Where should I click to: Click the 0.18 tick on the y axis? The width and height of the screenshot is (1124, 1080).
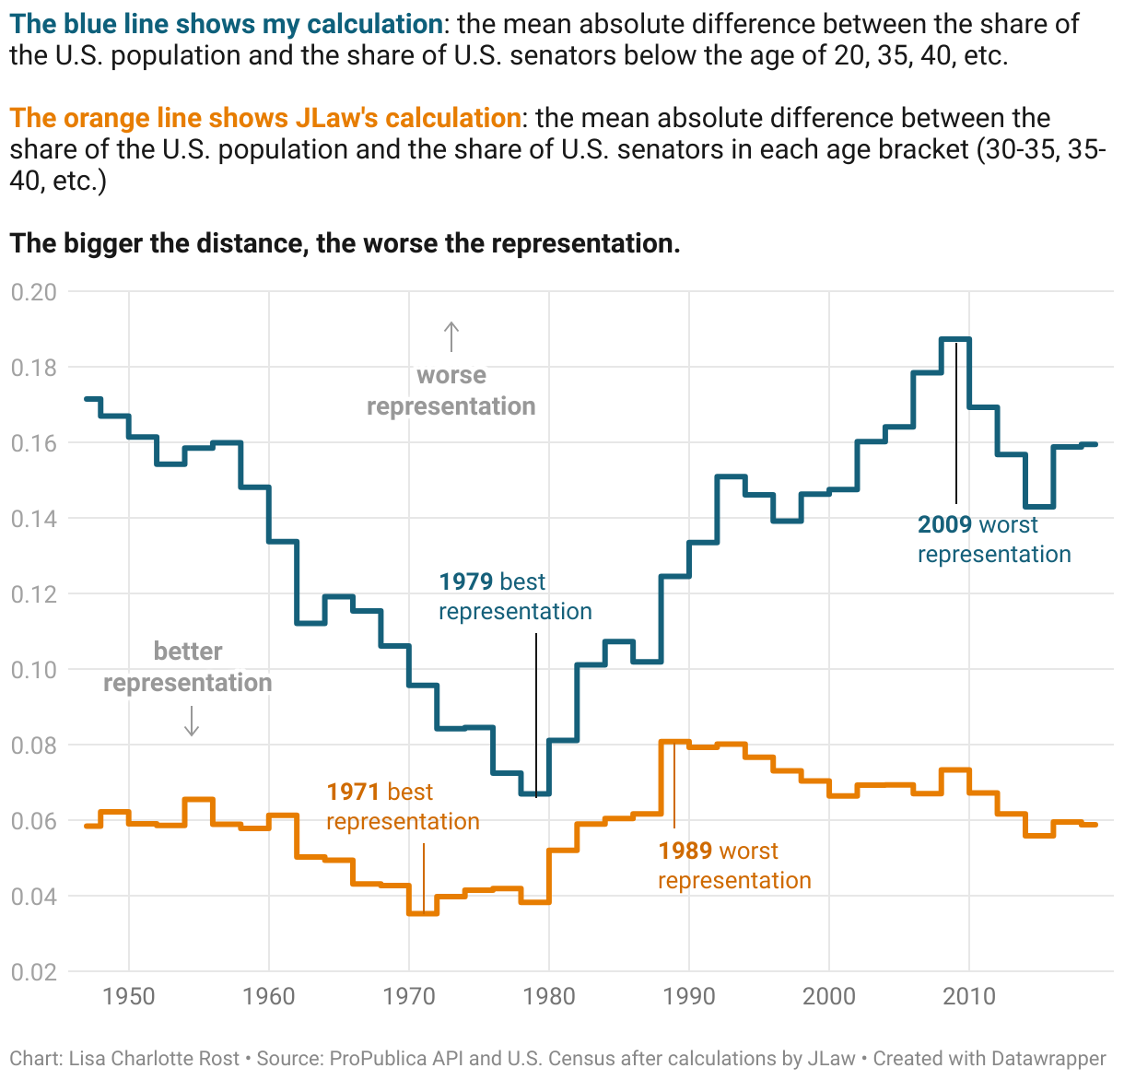(x=33, y=368)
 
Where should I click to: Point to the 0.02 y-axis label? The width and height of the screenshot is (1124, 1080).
(x=33, y=972)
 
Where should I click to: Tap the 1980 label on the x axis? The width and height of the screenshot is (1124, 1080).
(x=549, y=996)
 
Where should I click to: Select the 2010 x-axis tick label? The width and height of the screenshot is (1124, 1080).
(x=969, y=996)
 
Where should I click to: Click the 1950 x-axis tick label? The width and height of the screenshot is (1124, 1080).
(x=129, y=996)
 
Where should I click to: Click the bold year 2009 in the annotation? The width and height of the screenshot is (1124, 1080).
(x=944, y=525)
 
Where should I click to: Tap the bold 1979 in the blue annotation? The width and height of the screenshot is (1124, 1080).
(x=465, y=582)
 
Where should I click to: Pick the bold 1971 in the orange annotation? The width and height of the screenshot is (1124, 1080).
(x=353, y=792)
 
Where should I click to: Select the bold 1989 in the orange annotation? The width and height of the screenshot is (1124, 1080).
(x=685, y=851)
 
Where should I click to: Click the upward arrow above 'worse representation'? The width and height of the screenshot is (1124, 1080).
(x=451, y=336)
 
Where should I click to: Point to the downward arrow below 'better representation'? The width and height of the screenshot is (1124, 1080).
(x=192, y=721)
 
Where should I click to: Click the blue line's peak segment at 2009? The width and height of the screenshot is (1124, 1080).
(x=955, y=339)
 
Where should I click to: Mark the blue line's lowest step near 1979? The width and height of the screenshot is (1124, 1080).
(x=535, y=793)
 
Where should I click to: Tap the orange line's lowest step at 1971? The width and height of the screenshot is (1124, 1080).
(x=423, y=913)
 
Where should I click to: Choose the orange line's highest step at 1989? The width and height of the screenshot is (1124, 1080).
(x=674, y=741)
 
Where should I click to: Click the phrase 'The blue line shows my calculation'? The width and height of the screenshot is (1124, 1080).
(x=227, y=24)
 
